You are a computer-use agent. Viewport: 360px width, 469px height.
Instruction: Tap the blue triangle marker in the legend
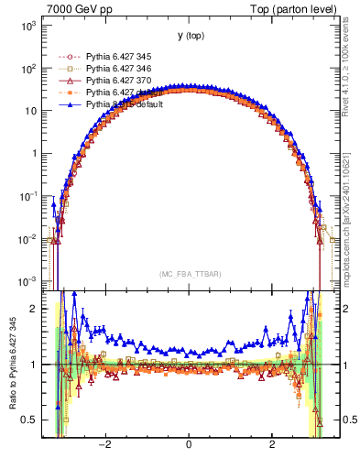pos(69,104)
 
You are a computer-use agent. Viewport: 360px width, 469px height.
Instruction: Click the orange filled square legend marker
pos(69,93)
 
